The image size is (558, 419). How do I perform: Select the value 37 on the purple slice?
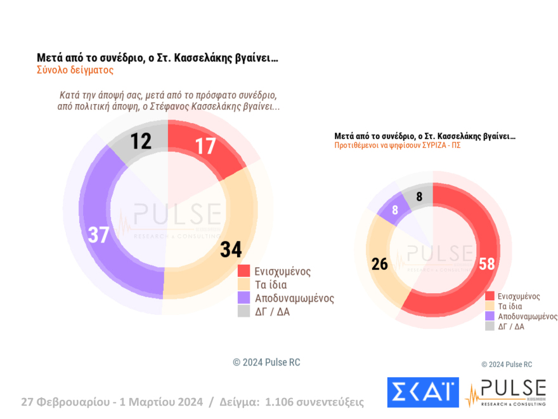coord(99,235)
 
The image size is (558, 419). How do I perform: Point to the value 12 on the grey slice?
coord(141,141)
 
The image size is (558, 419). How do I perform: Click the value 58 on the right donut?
coord(486,264)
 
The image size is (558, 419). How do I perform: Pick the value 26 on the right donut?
coord(379,264)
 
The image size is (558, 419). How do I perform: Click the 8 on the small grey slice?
coord(418,197)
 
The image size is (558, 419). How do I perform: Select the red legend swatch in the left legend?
coord(244,271)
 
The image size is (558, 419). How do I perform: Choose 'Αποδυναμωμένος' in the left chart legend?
coord(294,298)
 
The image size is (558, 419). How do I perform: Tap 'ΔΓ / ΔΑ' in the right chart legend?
coord(511,326)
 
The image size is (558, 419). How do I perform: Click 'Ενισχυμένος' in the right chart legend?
coord(519,296)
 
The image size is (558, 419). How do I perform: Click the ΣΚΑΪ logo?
coord(422,392)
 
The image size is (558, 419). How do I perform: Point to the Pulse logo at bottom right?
coord(505,393)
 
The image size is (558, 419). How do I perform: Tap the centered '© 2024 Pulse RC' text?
coord(266,362)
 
